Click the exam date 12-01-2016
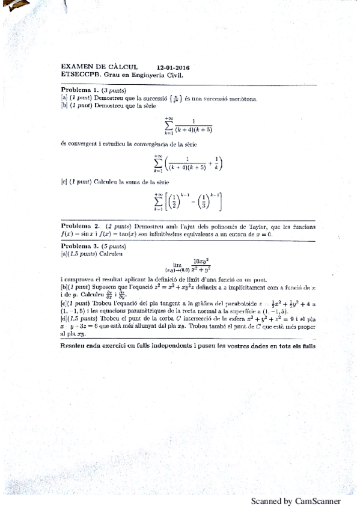coord(173,68)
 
